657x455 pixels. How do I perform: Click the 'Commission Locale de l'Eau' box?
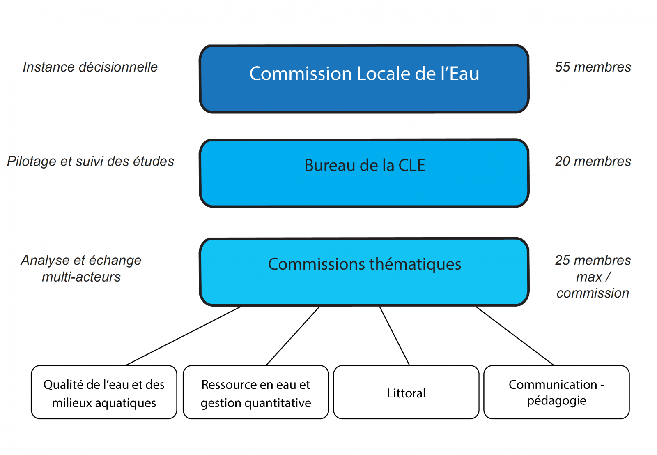(x=364, y=79)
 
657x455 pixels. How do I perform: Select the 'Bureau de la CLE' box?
(x=364, y=173)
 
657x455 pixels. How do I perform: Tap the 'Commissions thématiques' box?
(x=364, y=272)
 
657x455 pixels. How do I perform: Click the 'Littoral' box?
(x=406, y=392)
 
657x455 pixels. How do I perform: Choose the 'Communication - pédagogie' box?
(x=556, y=392)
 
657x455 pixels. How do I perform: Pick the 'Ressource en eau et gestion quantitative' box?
(x=256, y=392)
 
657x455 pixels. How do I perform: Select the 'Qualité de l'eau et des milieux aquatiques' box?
(x=104, y=392)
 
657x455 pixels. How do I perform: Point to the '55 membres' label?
(x=593, y=67)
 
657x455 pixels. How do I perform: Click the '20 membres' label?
(x=593, y=161)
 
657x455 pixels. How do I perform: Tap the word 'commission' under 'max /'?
(x=593, y=293)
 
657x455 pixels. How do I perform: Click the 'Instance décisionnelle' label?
(x=90, y=67)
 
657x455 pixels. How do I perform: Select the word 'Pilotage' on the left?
(x=32, y=162)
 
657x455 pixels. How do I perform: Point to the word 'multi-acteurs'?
(x=81, y=277)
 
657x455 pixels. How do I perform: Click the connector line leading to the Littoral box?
(x=395, y=335)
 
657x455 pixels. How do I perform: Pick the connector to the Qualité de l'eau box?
(x=183, y=335)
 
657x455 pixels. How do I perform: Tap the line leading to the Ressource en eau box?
(x=293, y=335)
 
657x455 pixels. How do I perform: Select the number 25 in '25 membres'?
(x=563, y=260)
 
